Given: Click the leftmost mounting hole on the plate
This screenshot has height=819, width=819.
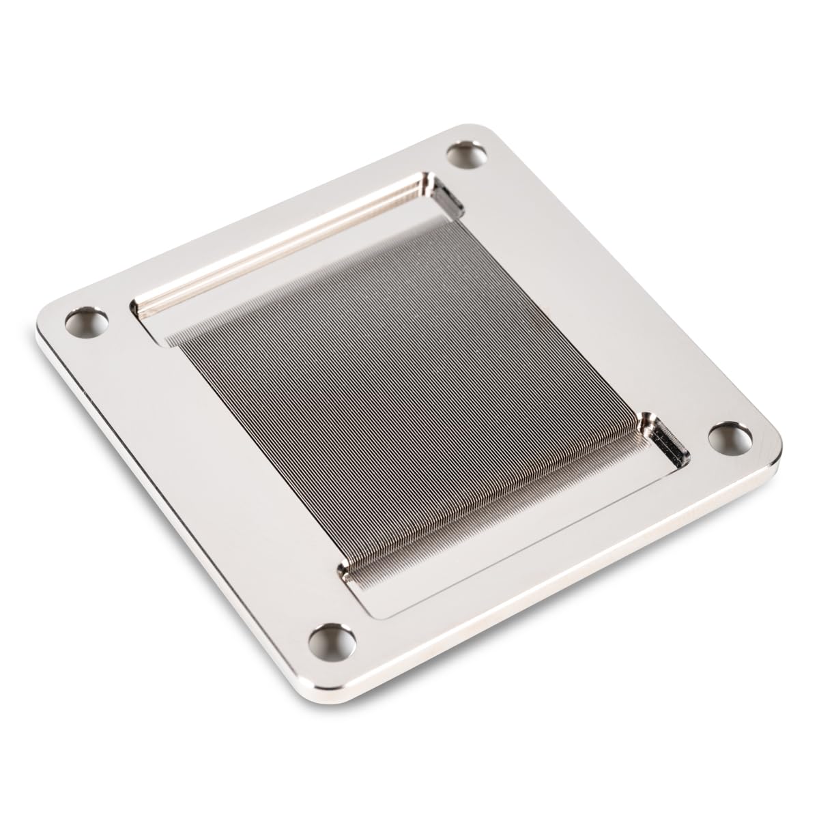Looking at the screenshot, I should tap(87, 321).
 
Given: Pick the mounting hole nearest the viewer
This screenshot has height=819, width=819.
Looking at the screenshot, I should tap(333, 640).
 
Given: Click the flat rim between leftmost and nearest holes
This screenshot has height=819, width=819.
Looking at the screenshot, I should tap(205, 478).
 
